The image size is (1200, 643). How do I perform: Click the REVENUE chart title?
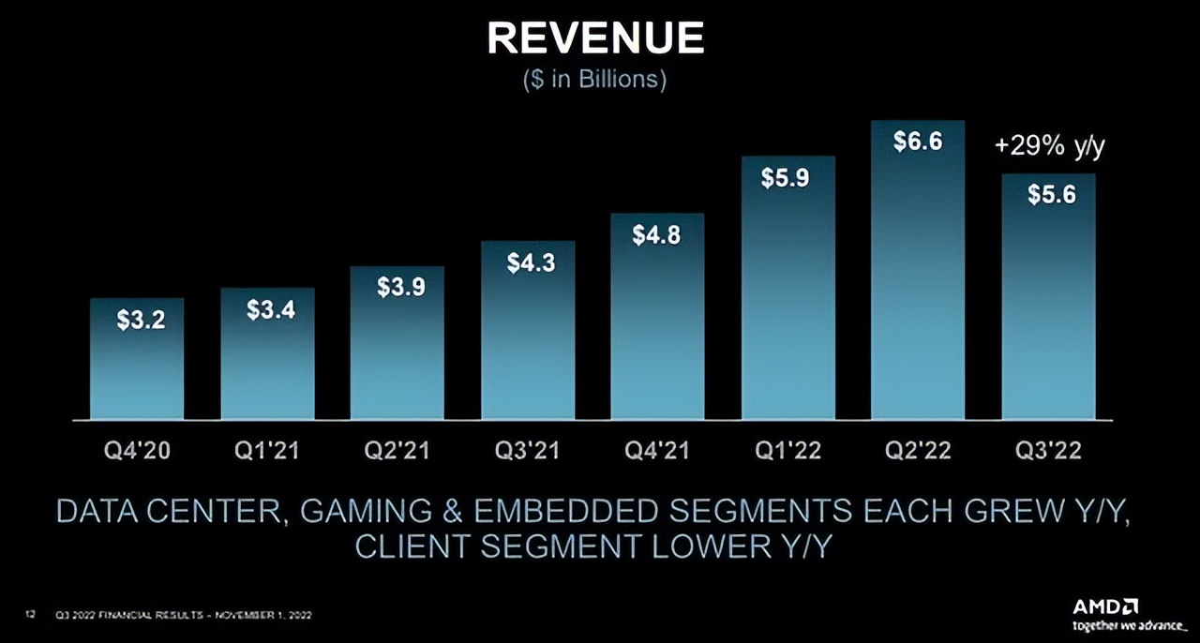click(x=596, y=38)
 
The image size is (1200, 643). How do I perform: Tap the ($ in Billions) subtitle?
click(x=594, y=80)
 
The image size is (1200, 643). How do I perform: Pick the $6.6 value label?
click(x=918, y=142)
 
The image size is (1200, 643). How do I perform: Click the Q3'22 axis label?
click(x=1048, y=451)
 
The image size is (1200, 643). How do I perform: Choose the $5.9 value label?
click(x=786, y=177)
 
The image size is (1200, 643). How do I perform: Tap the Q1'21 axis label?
click(x=267, y=451)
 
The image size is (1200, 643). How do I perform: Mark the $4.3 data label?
click(x=531, y=263)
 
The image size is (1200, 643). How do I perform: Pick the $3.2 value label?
click(x=142, y=321)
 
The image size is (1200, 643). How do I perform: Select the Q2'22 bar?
click(x=918, y=281)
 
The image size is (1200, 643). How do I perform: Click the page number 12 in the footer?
click(x=30, y=615)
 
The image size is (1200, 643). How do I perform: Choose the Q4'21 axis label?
click(x=657, y=451)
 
